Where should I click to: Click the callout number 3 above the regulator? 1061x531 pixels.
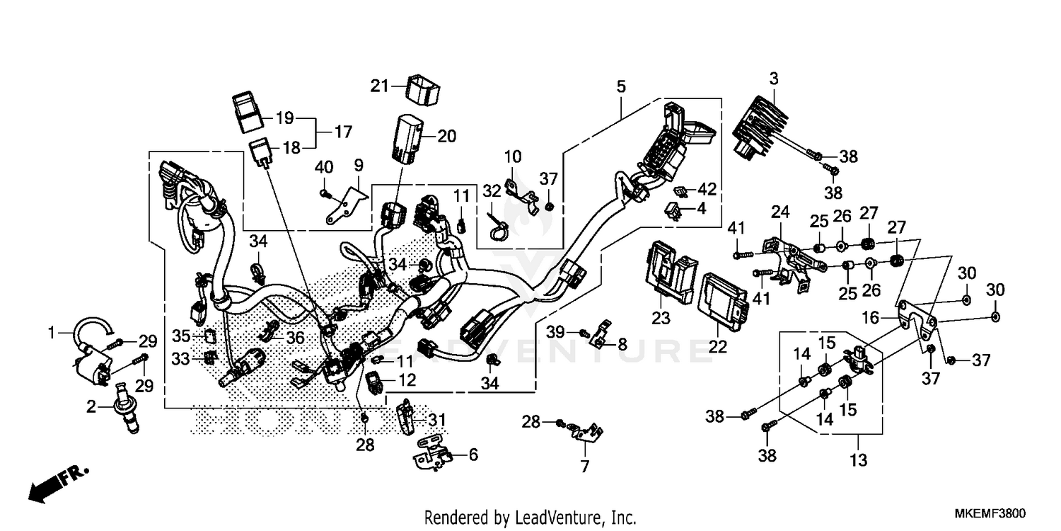pyautogui.click(x=774, y=79)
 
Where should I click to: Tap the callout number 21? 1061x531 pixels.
pyautogui.click(x=380, y=86)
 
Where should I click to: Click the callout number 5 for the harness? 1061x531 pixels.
pyautogui.click(x=620, y=87)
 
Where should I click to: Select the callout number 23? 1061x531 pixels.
pyautogui.click(x=661, y=319)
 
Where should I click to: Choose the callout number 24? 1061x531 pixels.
pyautogui.click(x=779, y=212)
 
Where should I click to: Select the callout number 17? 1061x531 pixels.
pyautogui.click(x=342, y=132)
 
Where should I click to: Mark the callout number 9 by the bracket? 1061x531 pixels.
pyautogui.click(x=359, y=166)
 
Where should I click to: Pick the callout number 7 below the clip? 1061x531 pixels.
pyautogui.click(x=584, y=467)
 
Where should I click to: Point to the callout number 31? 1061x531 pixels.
pyautogui.click(x=438, y=421)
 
